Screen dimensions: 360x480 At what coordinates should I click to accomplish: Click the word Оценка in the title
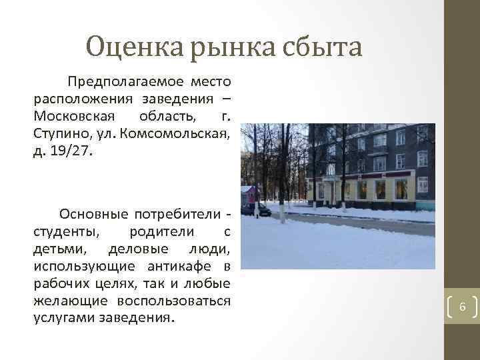click(x=135, y=47)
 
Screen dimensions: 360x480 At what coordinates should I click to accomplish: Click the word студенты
click(x=65, y=232)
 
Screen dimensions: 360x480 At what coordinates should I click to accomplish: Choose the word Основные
click(x=93, y=215)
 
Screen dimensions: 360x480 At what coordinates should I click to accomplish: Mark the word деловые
click(x=133, y=249)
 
